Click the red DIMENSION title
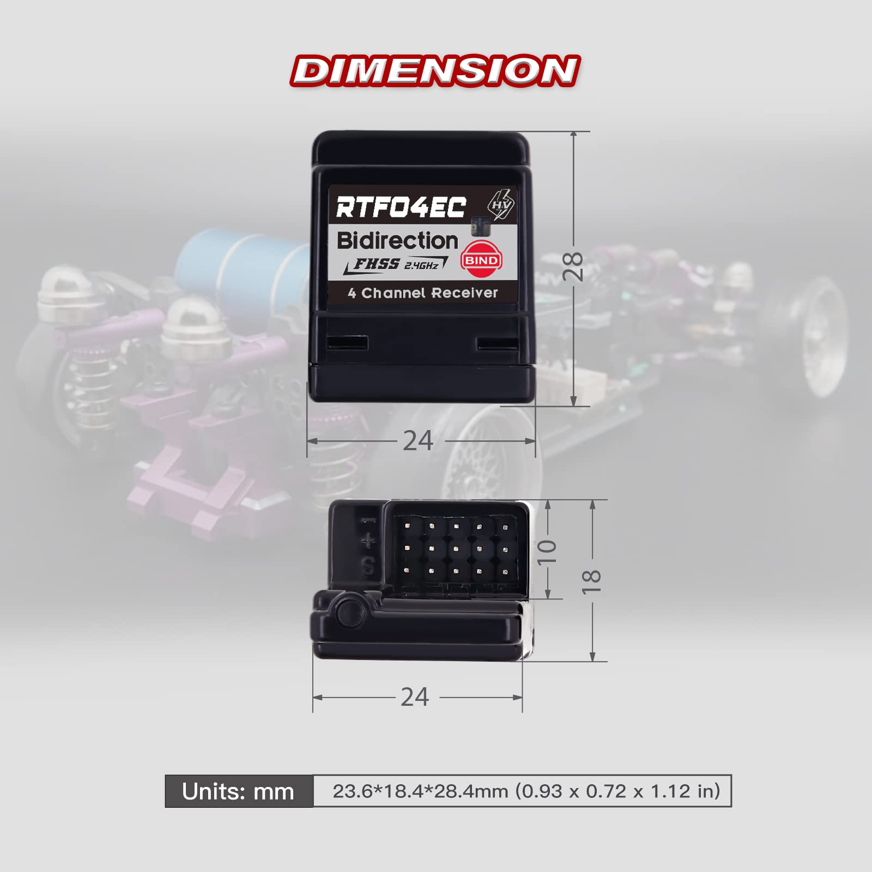coord(435,70)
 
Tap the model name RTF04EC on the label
coord(401,207)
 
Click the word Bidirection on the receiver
coord(398,240)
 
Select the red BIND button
coord(481,260)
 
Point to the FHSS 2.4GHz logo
coord(396,265)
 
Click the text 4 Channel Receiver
coord(423,293)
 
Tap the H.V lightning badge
coord(500,204)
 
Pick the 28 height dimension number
coord(573,267)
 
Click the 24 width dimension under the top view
coord(418,440)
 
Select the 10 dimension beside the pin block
coord(547,552)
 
